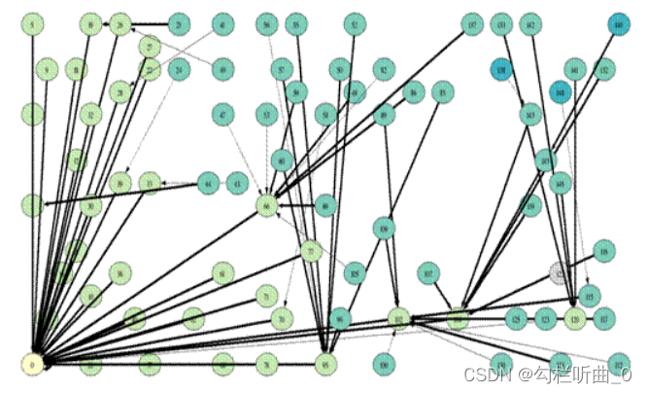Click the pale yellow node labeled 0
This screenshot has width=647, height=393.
tap(34, 363)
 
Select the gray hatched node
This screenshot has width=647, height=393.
tap(561, 272)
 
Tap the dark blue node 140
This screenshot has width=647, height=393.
tap(618, 24)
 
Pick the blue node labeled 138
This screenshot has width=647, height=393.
tap(502, 68)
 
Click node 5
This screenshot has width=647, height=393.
tap(34, 24)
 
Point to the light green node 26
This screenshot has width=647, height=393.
tap(120, 24)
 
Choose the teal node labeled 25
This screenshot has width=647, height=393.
tap(179, 24)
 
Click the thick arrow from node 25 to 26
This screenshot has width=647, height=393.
tap(150, 24)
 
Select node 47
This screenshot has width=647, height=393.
tap(223, 114)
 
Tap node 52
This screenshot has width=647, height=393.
tap(357, 24)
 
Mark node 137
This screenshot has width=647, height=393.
tap(472, 24)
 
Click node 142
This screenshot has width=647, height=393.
tap(529, 24)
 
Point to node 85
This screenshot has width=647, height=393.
tap(443, 93)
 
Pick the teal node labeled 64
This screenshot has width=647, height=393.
tap(208, 182)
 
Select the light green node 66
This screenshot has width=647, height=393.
tap(267, 204)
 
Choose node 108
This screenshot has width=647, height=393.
tap(603, 250)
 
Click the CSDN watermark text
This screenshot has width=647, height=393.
tap(547, 374)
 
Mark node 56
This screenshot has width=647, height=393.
tap(267, 24)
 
